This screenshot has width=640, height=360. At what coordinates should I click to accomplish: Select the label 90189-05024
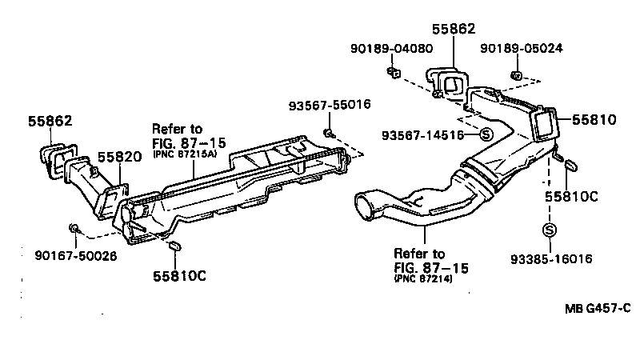coord(522,48)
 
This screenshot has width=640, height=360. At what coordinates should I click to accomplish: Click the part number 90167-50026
coord(75,256)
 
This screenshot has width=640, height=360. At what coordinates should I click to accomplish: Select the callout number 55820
coord(120,157)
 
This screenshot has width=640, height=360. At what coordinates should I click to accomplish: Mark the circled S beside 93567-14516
coord(486,134)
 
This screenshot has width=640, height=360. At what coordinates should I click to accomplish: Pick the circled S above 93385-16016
coord(550,230)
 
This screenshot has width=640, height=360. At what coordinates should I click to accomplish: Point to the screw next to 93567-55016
coord(329,130)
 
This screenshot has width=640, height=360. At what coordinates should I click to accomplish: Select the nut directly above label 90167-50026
coord(74,230)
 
